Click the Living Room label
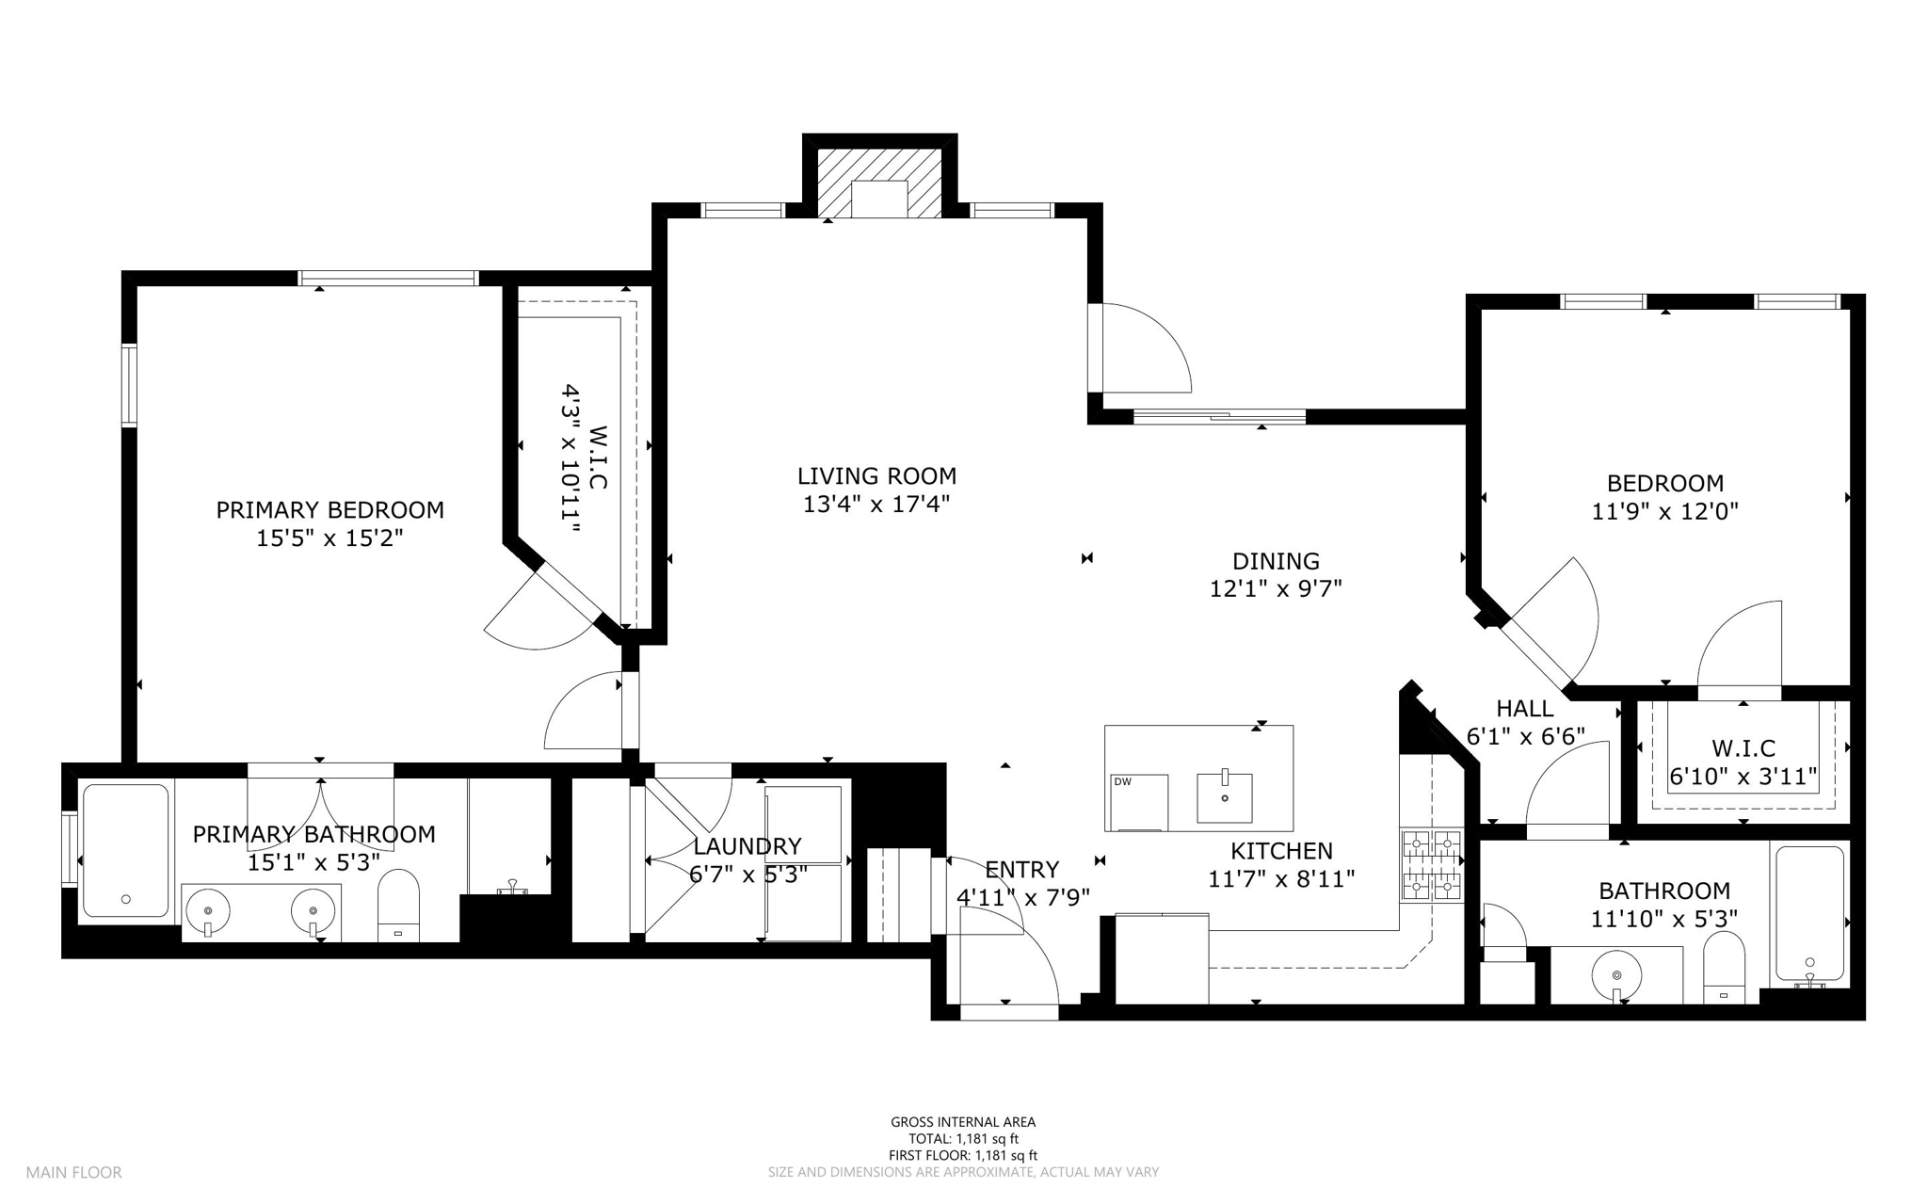tap(876, 476)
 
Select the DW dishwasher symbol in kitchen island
tap(1139, 802)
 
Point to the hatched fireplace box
tap(878, 183)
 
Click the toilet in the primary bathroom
tap(398, 905)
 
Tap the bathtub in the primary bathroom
tap(125, 851)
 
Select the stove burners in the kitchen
tap(1431, 865)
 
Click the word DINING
tap(1276, 561)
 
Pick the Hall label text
tap(1525, 708)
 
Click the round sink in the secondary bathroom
tap(1616, 976)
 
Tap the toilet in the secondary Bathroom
tap(1724, 968)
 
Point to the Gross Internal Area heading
tap(963, 1121)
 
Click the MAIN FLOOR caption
tap(73, 1172)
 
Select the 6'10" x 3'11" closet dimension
tap(1743, 778)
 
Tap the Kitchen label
tap(1281, 851)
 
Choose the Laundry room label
tap(747, 846)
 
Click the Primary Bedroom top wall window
tap(388, 278)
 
